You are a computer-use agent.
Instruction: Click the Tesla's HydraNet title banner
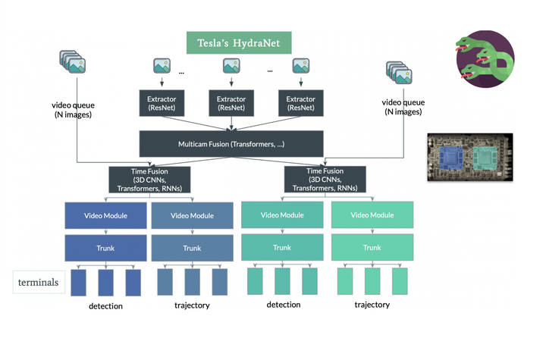(233, 42)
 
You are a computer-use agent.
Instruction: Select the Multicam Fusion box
(232, 142)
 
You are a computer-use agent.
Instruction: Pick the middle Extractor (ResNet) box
(232, 104)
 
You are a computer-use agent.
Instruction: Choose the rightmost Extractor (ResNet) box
(301, 104)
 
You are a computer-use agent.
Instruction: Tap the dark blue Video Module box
(105, 215)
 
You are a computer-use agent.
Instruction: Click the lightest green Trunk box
(372, 247)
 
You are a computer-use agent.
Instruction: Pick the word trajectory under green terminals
(372, 305)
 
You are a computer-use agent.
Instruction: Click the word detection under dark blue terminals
(105, 305)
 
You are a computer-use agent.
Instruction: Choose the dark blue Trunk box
(105, 248)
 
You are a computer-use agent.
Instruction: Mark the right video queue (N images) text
(401, 107)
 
